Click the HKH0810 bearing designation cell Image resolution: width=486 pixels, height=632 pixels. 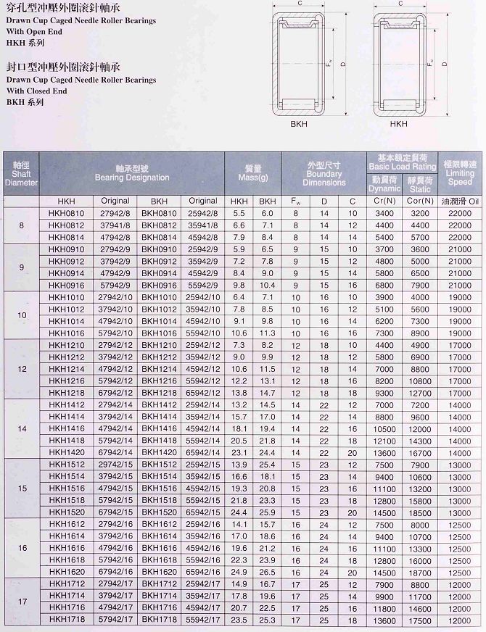pos(66,213)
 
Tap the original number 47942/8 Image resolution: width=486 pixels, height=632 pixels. pos(115,236)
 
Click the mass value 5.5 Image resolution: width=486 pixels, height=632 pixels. pos(239,213)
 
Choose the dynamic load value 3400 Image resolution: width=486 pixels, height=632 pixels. pos(384,213)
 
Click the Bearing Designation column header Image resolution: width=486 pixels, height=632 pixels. pos(132,173)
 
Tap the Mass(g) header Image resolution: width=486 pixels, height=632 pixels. pos(253,173)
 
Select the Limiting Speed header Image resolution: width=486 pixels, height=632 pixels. pos(460,173)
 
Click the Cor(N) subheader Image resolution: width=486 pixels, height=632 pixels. pos(420,201)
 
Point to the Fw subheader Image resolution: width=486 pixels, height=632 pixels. pos(295,201)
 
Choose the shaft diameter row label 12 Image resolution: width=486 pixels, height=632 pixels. pos(21,368)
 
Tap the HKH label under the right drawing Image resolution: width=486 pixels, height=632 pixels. pos(398,124)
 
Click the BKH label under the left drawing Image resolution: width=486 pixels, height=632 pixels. pos(300,124)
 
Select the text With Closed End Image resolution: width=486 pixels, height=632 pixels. pos(36,91)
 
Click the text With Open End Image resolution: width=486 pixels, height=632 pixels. pos(34,32)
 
